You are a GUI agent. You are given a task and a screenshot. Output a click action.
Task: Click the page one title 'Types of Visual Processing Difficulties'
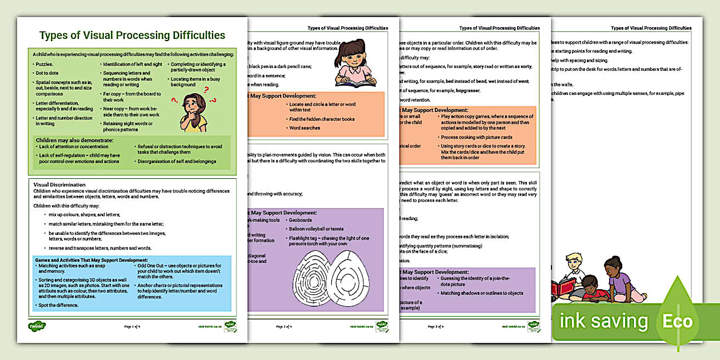point(132,35)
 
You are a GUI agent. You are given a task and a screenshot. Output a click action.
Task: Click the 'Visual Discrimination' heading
point(59,185)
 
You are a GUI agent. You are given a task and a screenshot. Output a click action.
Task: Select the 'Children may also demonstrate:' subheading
point(74,140)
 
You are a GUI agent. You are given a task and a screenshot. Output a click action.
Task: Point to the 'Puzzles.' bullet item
point(44,65)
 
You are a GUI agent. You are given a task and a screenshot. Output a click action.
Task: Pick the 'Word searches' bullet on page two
point(305,128)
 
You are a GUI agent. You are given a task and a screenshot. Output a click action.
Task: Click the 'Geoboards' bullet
point(301,220)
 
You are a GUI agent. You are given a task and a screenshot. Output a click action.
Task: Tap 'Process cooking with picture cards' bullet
point(477,137)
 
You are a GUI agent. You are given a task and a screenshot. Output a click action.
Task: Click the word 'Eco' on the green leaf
point(677,321)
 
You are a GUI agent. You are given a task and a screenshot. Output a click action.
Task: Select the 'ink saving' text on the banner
point(603,321)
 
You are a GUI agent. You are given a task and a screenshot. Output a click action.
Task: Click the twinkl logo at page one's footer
point(37,326)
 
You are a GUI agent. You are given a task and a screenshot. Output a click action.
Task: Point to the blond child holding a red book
point(572,274)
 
